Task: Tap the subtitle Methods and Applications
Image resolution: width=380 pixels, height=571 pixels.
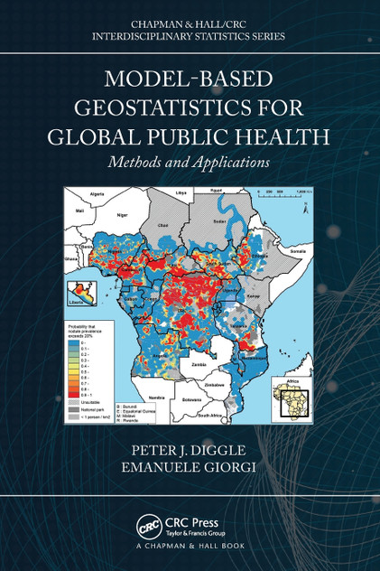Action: coord(190,164)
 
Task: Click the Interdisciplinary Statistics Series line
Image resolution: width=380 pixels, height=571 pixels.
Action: coord(190,36)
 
